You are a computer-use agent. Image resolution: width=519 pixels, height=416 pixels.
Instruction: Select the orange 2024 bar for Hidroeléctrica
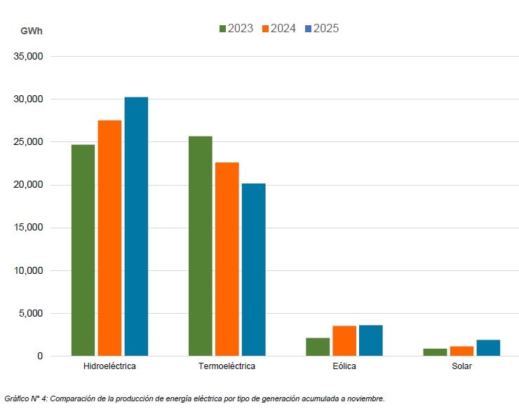coord(109,238)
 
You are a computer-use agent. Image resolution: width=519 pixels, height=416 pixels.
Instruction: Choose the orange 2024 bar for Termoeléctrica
coord(227,259)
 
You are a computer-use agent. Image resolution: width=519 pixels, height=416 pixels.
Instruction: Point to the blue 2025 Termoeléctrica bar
coord(253,270)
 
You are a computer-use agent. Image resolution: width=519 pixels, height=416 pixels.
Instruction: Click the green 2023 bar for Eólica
coord(317,347)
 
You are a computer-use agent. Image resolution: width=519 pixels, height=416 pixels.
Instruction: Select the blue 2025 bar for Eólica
coord(370,340)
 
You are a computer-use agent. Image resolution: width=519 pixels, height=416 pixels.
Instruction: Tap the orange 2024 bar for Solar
coord(461,351)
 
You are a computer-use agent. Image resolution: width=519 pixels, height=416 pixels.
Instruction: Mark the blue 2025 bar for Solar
coord(488,348)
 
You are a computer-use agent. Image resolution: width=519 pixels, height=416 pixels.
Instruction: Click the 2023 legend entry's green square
coord(223,29)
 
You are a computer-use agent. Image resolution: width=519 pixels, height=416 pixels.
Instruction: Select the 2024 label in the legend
coord(283,29)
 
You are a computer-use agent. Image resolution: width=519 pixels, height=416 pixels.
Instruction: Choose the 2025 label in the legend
coord(326,29)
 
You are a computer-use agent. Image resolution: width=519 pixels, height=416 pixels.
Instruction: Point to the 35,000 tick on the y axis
coord(29,57)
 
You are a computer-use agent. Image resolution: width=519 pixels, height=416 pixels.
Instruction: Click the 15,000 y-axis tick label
coord(29,228)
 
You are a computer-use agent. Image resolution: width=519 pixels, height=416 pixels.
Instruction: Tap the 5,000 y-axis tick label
coord(31,313)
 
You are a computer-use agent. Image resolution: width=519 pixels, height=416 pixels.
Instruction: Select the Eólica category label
coord(344,366)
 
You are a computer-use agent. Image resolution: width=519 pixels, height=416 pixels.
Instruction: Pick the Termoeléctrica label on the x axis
coord(227,366)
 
